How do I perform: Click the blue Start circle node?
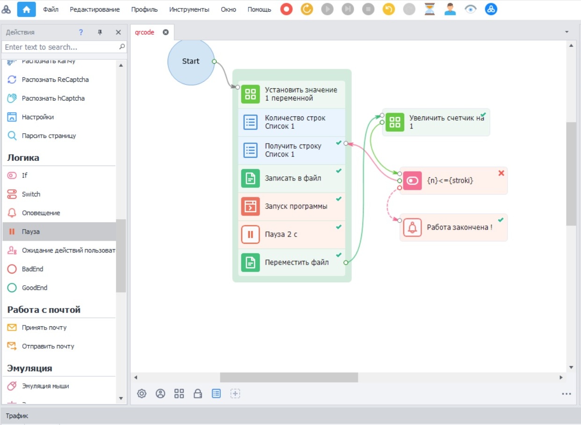point(191,62)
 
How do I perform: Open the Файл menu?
point(51,10)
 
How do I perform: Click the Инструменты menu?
point(189,10)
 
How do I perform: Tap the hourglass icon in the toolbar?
point(429,9)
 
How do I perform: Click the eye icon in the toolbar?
point(471,9)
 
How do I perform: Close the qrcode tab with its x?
point(166,32)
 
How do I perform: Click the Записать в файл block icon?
point(250,178)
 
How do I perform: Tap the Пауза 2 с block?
point(291,234)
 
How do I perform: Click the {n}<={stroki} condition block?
point(453,180)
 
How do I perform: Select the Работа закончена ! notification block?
point(453,227)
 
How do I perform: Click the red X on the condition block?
point(501,173)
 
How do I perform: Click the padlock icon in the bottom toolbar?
point(198,393)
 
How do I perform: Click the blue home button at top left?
point(27,10)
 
